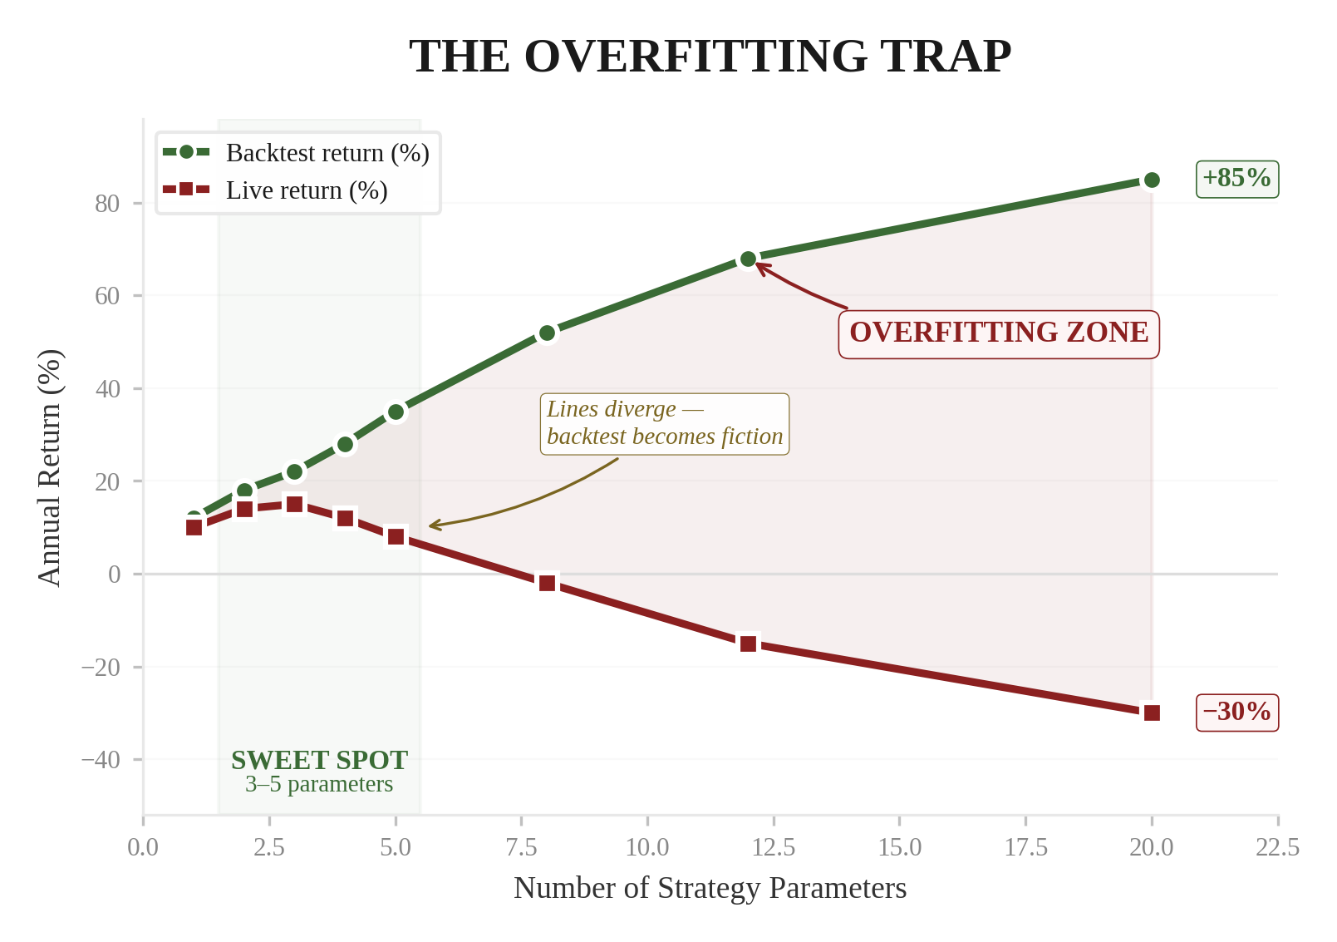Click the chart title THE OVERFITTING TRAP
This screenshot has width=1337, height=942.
(710, 57)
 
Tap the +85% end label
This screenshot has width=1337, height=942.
(1236, 179)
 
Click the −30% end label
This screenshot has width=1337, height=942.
(1236, 713)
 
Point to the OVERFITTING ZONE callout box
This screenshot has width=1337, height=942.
(998, 333)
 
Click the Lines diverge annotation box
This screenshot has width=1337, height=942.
(664, 423)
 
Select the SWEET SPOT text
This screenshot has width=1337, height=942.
(319, 760)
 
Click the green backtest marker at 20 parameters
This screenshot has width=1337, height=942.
(1152, 180)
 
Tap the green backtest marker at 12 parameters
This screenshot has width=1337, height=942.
(748, 259)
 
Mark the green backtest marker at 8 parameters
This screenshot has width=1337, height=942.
(547, 333)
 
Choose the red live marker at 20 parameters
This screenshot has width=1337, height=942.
(1152, 713)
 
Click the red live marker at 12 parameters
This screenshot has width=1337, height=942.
(748, 644)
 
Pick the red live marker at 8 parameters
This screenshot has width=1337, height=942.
(547, 583)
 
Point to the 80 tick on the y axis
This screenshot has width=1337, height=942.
(107, 204)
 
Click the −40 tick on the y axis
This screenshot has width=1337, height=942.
(101, 760)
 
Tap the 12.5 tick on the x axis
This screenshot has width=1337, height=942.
(773, 847)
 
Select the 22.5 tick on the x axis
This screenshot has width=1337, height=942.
(1277, 847)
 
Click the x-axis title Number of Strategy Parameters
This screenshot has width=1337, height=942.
(710, 888)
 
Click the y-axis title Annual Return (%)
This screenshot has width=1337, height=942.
(50, 467)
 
